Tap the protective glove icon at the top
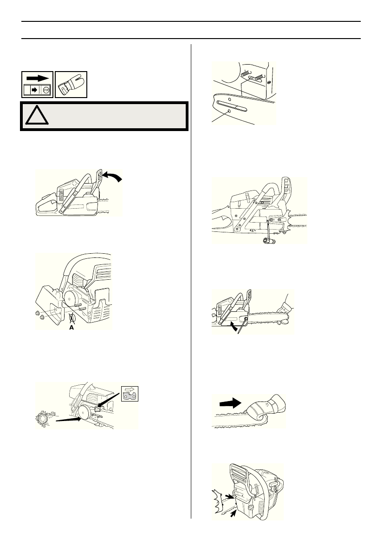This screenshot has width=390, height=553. click(x=71, y=84)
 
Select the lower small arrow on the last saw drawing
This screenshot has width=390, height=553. click(x=233, y=512)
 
